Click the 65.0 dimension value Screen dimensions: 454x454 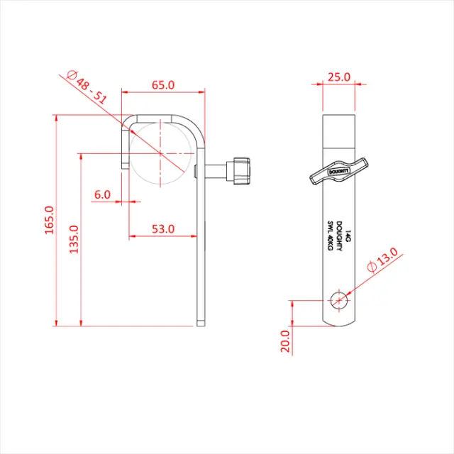[x=163, y=84]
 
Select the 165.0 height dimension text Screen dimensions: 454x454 [x=49, y=221]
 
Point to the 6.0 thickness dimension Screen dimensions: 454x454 [x=102, y=194]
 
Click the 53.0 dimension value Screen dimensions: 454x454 [x=163, y=228]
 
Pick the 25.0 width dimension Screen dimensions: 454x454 [x=339, y=77]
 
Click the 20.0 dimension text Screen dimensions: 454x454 [x=285, y=342]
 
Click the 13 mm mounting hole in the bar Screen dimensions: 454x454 [x=339, y=300]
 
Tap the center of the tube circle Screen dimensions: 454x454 [x=161, y=153]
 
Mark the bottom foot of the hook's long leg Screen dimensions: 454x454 [x=201, y=323]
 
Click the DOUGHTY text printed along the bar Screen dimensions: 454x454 [x=338, y=233]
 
